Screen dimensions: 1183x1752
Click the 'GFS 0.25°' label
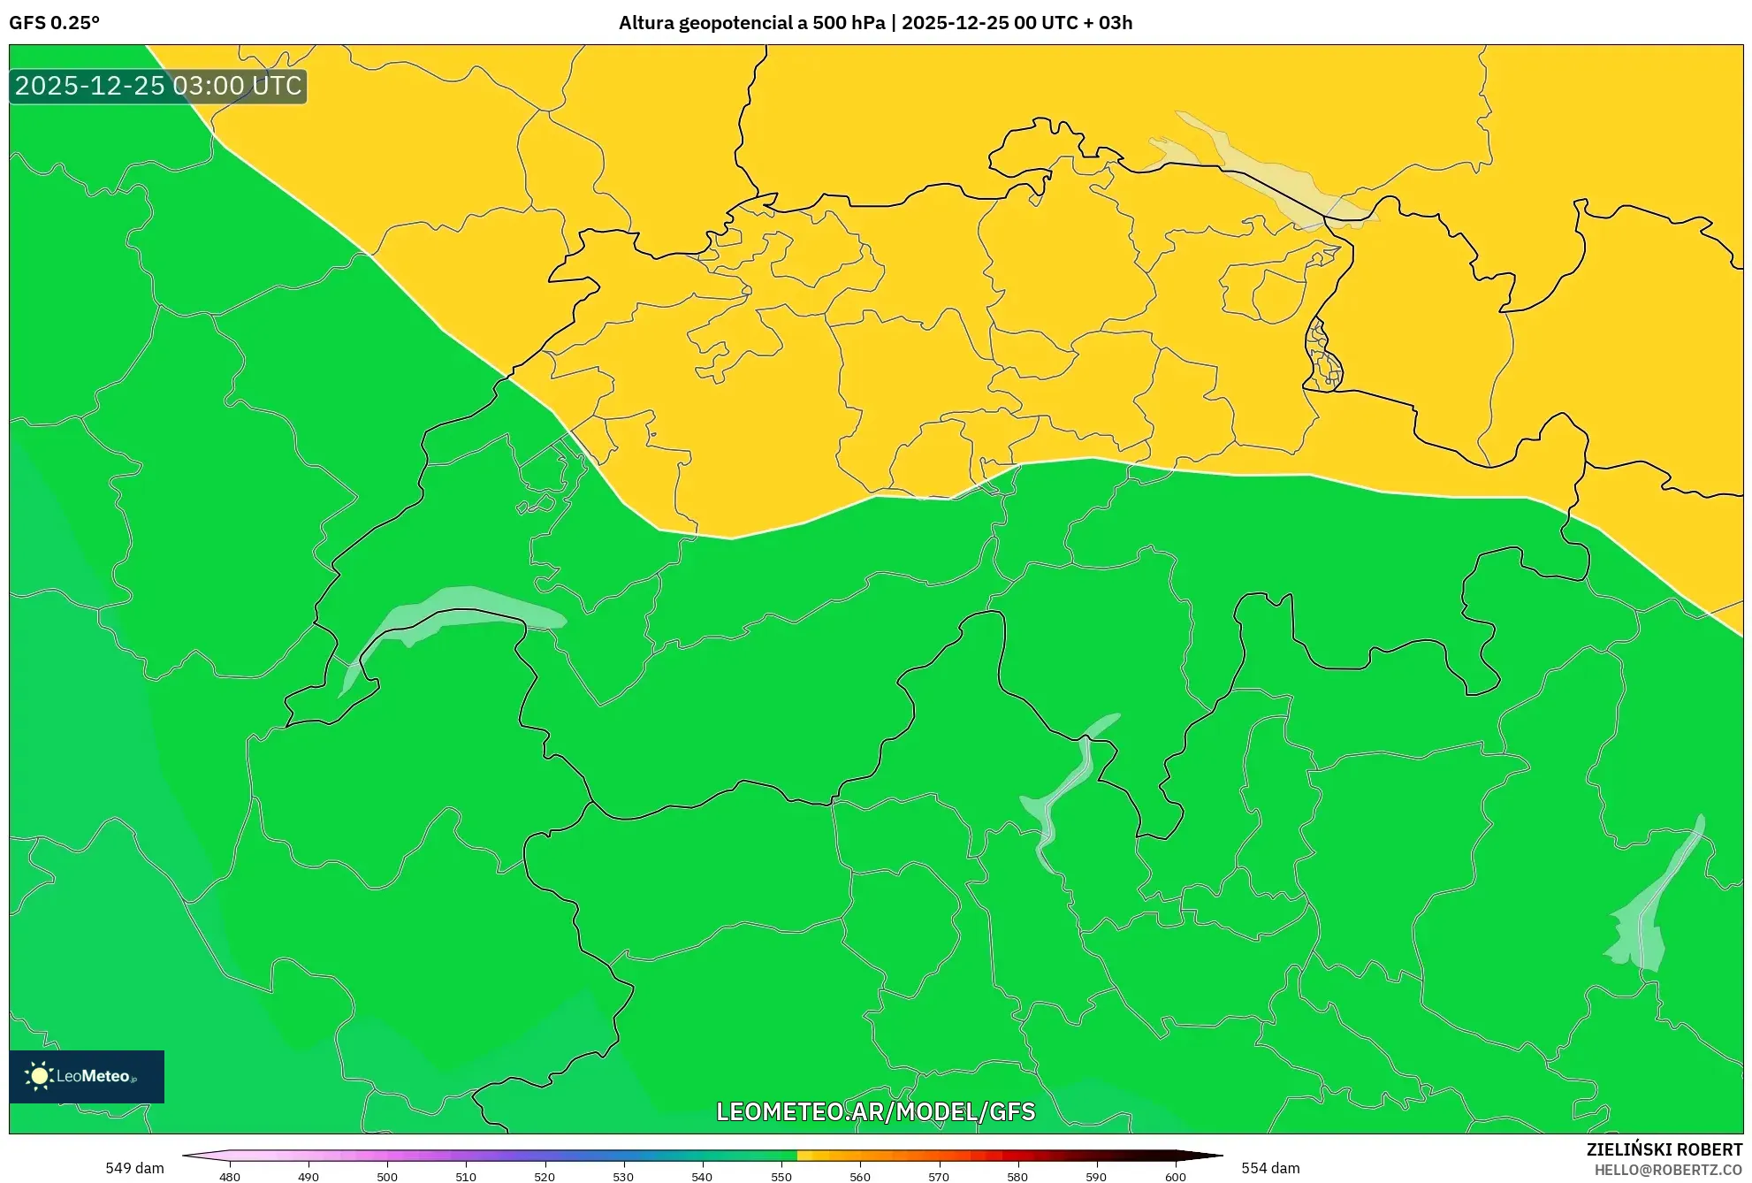click(x=54, y=23)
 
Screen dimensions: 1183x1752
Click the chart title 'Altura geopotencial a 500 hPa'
click(x=751, y=23)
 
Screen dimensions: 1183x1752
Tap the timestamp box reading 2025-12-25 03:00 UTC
click(x=158, y=86)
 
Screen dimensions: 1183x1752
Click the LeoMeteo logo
click(x=87, y=1076)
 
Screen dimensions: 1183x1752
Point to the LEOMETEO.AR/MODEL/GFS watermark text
click(x=875, y=1111)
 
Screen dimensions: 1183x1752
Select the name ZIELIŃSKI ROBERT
click(x=1664, y=1149)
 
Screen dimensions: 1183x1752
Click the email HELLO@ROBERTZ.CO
click(x=1668, y=1170)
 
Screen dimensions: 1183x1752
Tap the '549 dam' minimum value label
click(x=134, y=1168)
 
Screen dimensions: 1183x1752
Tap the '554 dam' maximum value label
click(x=1270, y=1168)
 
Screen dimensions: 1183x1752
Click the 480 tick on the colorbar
click(x=230, y=1177)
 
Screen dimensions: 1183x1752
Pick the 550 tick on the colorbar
click(x=781, y=1177)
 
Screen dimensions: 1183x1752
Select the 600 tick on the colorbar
click(x=1175, y=1177)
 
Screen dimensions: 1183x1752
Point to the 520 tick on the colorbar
click(x=545, y=1177)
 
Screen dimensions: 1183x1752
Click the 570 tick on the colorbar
click(x=939, y=1177)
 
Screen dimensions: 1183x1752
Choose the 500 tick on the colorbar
click(x=387, y=1177)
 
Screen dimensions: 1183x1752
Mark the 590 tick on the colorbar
click(x=1096, y=1177)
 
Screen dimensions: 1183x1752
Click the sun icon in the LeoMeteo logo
click(x=39, y=1076)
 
